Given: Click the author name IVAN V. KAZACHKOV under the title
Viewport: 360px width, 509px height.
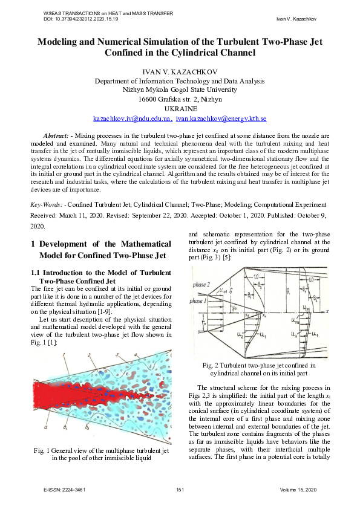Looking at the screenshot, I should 180,72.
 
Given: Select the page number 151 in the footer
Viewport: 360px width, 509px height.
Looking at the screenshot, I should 180,489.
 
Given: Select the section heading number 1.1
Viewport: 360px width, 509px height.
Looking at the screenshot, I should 37,273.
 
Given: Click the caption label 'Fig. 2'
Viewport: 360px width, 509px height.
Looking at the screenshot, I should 212,365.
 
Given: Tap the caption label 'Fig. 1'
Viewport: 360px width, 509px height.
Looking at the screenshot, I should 45,450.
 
